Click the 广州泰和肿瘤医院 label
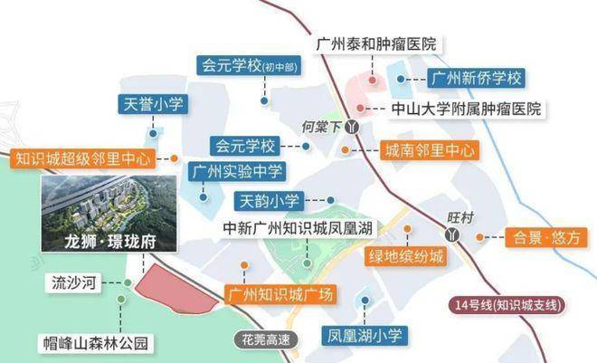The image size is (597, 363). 376,44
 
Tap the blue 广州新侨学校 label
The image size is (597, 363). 476,78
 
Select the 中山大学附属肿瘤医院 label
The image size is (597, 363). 467,109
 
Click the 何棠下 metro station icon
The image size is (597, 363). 352,126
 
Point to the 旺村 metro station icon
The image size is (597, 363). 452,234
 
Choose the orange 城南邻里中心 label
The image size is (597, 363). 430,150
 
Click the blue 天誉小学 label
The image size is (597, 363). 153,104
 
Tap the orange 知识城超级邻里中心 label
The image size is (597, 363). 83,158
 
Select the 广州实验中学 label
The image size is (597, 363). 237,172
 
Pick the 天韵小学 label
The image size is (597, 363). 270,201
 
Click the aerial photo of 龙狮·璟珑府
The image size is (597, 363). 109,214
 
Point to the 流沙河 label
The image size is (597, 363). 73,283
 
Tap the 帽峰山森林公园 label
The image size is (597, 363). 96,344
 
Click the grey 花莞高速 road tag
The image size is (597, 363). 265,339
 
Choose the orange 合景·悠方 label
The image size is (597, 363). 546,237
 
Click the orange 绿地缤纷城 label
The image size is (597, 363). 406,256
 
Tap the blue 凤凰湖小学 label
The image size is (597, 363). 365,336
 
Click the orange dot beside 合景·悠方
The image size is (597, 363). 479,237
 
